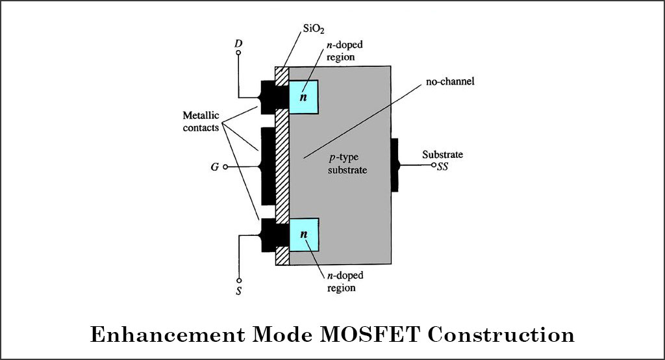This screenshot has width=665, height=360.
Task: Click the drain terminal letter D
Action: click(x=238, y=44)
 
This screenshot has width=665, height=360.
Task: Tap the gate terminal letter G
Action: click(x=214, y=167)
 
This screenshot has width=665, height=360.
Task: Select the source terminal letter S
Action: click(x=238, y=291)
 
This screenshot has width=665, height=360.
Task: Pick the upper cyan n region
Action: click(x=303, y=97)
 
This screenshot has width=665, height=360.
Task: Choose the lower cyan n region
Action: click(x=303, y=234)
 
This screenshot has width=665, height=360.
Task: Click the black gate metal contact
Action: click(x=267, y=166)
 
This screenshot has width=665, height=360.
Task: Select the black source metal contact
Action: click(x=268, y=234)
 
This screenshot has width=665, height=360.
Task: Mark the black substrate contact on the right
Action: click(x=394, y=165)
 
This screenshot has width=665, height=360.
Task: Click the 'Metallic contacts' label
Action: click(x=201, y=122)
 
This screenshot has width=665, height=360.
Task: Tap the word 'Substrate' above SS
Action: click(x=442, y=155)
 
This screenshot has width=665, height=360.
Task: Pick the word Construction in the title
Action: click(x=498, y=335)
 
